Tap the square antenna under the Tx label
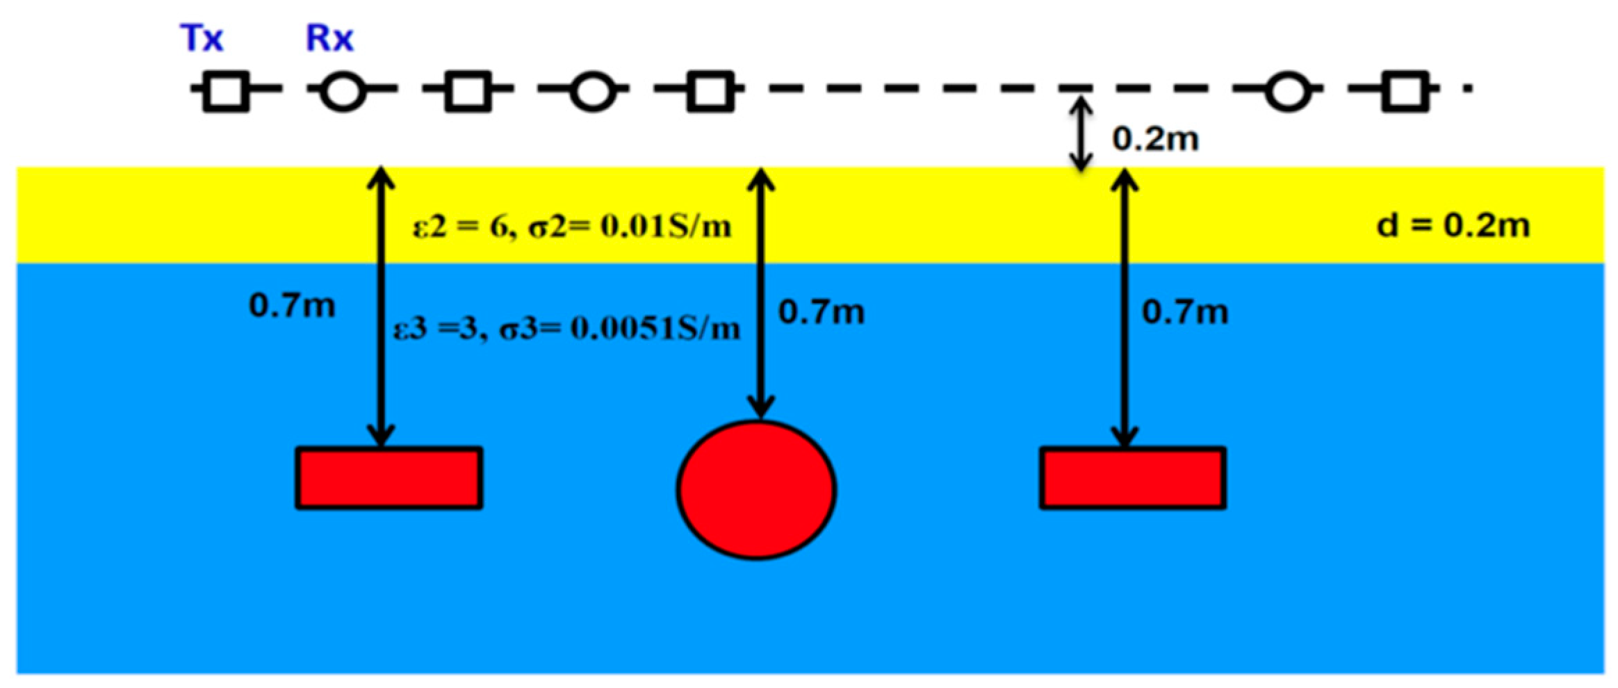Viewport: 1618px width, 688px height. (x=226, y=91)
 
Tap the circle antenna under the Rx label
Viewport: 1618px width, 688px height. (x=343, y=91)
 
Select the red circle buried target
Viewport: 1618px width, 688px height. (x=756, y=489)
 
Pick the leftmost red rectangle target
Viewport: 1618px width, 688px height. (x=389, y=478)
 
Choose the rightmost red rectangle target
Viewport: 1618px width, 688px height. (x=1132, y=478)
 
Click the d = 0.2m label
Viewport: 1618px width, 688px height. (x=1453, y=225)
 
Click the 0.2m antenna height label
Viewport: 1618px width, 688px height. (x=1155, y=139)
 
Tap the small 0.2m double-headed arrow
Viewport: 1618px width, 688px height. (x=1079, y=134)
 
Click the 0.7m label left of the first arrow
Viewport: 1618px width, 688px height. (x=292, y=305)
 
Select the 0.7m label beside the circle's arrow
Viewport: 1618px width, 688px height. (x=821, y=312)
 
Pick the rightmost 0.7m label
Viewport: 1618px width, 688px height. (x=1184, y=312)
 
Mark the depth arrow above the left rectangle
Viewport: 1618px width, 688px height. (x=381, y=306)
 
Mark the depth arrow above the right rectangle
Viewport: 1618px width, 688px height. (x=1124, y=306)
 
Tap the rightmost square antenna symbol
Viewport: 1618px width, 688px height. (x=1405, y=91)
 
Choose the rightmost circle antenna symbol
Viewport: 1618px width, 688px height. (x=1288, y=91)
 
